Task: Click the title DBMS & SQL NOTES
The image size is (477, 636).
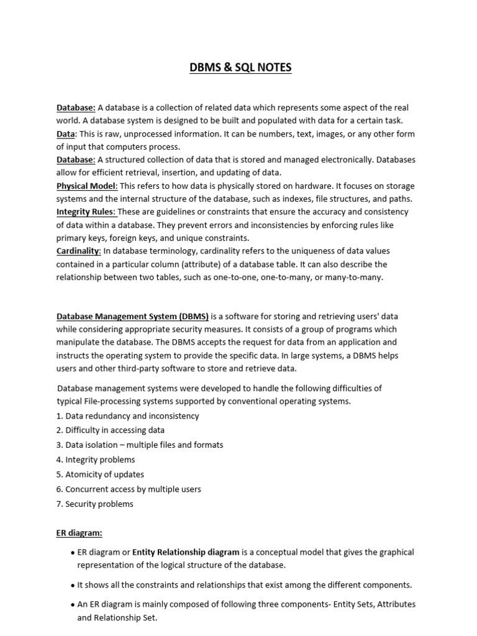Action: [x=240, y=68]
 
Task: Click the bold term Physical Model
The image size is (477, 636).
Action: [x=86, y=186]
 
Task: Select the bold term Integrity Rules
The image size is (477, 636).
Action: [x=85, y=212]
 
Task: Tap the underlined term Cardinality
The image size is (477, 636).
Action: [x=78, y=251]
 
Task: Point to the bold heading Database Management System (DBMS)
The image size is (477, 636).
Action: [x=132, y=316]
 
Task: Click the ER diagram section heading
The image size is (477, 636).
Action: [x=79, y=533]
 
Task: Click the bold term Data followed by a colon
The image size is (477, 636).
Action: [x=66, y=134]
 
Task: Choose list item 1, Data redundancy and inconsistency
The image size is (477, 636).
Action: [x=127, y=416]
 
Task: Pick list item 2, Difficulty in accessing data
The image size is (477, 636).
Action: [x=110, y=430]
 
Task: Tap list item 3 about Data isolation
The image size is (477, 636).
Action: [x=139, y=445]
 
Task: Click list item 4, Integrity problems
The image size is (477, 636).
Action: [x=95, y=460]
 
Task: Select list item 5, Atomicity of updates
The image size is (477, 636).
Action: [x=99, y=475]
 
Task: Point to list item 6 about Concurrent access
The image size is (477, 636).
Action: [x=129, y=489]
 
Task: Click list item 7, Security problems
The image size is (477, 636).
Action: [x=94, y=504]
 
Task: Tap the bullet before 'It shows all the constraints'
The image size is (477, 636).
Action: [x=74, y=585]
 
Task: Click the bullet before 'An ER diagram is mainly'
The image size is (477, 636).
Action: [x=74, y=604]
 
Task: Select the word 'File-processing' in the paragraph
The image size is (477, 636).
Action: [x=115, y=401]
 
